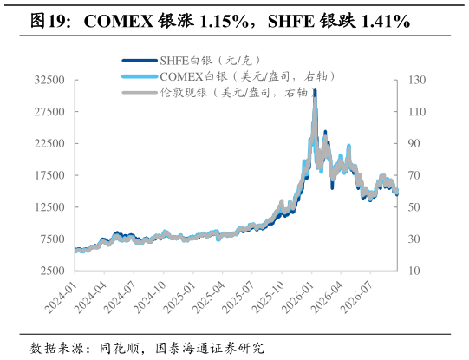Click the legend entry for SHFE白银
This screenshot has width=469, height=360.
tap(192, 61)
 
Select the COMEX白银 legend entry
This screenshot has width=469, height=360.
tap(229, 77)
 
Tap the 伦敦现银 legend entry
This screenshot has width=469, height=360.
tap(218, 93)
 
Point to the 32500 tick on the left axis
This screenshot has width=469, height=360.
tap(49, 80)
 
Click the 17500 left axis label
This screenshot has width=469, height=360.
tap(49, 175)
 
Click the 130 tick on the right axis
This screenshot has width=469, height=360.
tap(417, 80)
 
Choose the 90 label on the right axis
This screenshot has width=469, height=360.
tap(414, 143)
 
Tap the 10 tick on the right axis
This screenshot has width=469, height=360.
tap(414, 271)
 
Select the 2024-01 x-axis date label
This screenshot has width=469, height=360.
tap(61, 298)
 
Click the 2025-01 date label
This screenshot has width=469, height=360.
tap(179, 298)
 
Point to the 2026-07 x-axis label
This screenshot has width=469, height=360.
tap(357, 298)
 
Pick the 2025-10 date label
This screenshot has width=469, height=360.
tap(268, 298)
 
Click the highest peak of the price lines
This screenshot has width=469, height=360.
tap(315, 90)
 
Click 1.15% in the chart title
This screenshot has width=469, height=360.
tap(224, 21)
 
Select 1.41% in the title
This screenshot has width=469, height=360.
tap(386, 21)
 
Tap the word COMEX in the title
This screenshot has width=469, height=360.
tap(119, 21)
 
